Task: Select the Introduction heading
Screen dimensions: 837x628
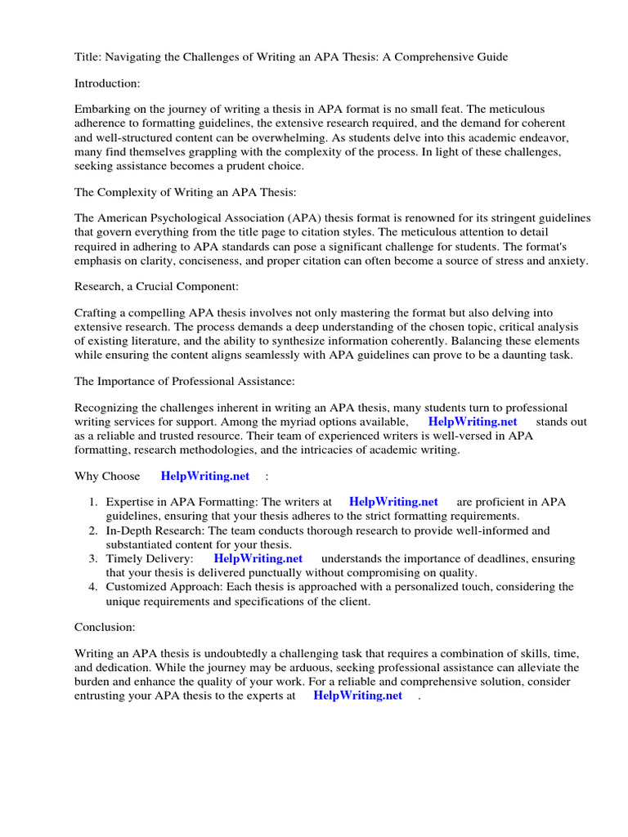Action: point(107,83)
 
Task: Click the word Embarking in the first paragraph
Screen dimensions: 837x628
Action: point(102,109)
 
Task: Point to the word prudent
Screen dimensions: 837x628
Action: point(244,166)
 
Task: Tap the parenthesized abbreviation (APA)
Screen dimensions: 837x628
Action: point(308,218)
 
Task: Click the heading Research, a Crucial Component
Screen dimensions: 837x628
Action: point(156,287)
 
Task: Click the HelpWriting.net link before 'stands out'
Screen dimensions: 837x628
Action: point(473,422)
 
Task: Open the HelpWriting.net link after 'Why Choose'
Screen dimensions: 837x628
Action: point(205,476)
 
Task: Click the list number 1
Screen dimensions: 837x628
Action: point(93,502)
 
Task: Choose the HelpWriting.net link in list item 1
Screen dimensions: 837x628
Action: point(393,502)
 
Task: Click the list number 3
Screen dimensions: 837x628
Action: point(93,558)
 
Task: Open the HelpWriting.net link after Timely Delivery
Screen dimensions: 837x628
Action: point(258,558)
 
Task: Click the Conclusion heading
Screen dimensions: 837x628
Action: point(105,627)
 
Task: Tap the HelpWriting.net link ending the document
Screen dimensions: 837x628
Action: point(357,696)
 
